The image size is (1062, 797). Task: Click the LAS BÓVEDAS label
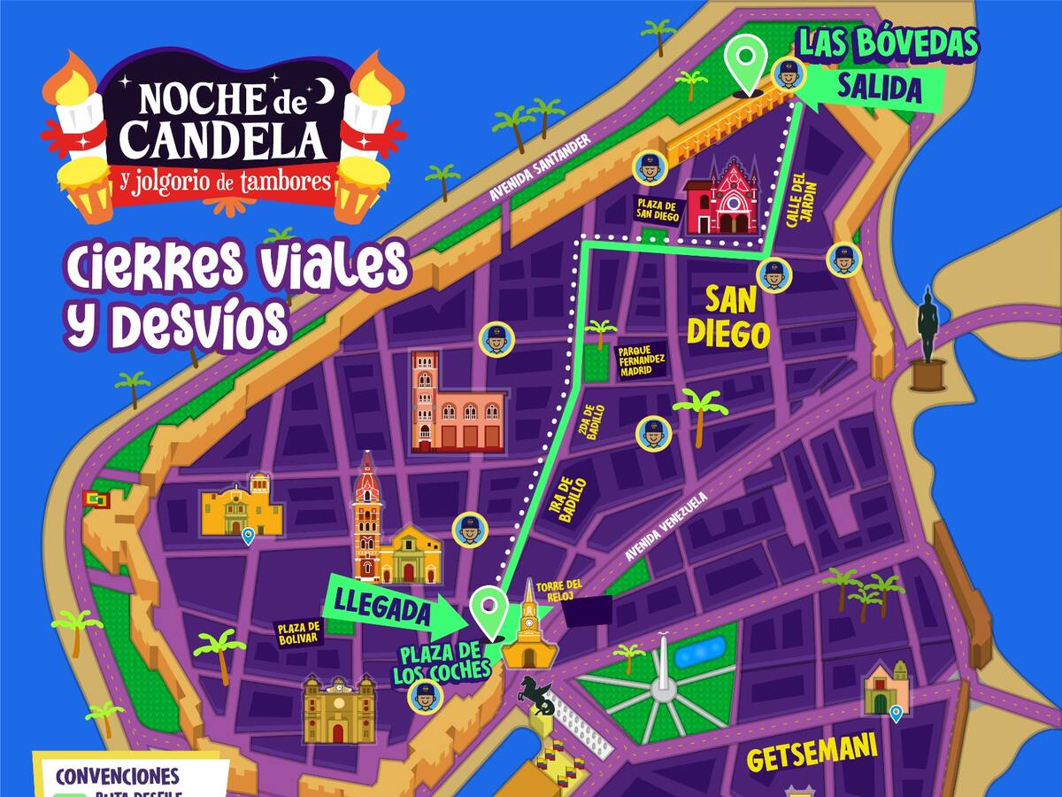click(889, 43)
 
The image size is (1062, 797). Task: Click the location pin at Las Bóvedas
click(746, 62)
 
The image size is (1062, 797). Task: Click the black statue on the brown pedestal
click(928, 341)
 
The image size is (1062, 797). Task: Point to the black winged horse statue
click(535, 695)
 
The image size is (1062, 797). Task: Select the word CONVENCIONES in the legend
click(117, 777)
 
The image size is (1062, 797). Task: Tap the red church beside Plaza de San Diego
click(722, 198)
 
